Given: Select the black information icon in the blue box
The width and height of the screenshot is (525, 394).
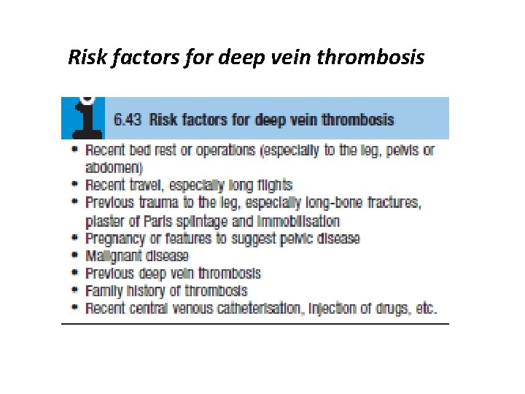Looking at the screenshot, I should click(82, 117).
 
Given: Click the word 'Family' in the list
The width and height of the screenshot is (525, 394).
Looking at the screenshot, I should click(104, 291).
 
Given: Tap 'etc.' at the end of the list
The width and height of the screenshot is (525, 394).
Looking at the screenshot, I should click(425, 309).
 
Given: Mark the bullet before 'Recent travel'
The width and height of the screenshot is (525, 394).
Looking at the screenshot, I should click(76, 185).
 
